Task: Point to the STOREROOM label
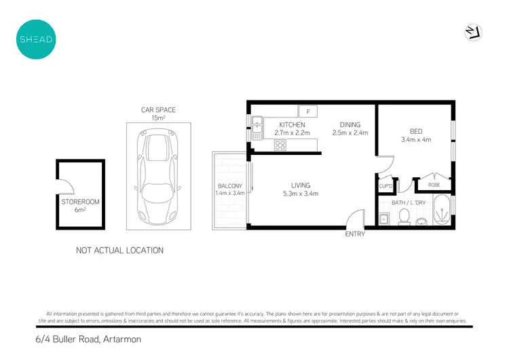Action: click(x=80, y=202)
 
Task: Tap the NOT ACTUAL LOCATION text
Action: click(x=119, y=251)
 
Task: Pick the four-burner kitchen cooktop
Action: click(x=280, y=145)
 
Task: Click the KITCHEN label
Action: click(x=292, y=125)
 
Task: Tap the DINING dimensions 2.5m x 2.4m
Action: click(x=350, y=133)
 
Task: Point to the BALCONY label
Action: click(x=226, y=186)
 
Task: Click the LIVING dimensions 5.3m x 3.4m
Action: click(x=301, y=194)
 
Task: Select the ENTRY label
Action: click(x=355, y=234)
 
